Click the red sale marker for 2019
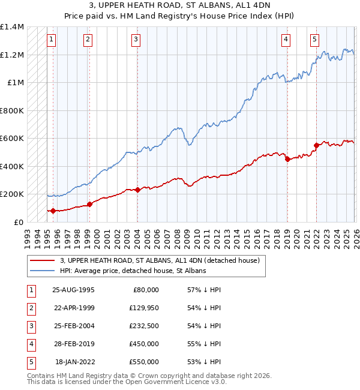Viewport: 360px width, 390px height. click(x=287, y=159)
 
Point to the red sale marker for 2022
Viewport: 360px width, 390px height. click(x=316, y=145)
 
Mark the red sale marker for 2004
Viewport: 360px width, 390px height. click(x=137, y=190)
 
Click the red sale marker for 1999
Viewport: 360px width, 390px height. click(x=89, y=204)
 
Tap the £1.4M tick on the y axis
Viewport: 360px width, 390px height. click(x=12, y=27)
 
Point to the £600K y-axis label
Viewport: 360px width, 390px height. click(x=12, y=139)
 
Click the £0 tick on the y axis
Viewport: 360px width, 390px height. click(x=17, y=222)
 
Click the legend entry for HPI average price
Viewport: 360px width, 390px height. click(x=133, y=271)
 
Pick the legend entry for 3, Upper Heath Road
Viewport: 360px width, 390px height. click(x=159, y=260)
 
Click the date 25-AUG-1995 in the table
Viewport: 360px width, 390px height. click(x=73, y=289)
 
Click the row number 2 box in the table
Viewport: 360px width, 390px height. click(x=30, y=307)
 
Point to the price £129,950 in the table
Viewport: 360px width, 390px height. click(x=145, y=307)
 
